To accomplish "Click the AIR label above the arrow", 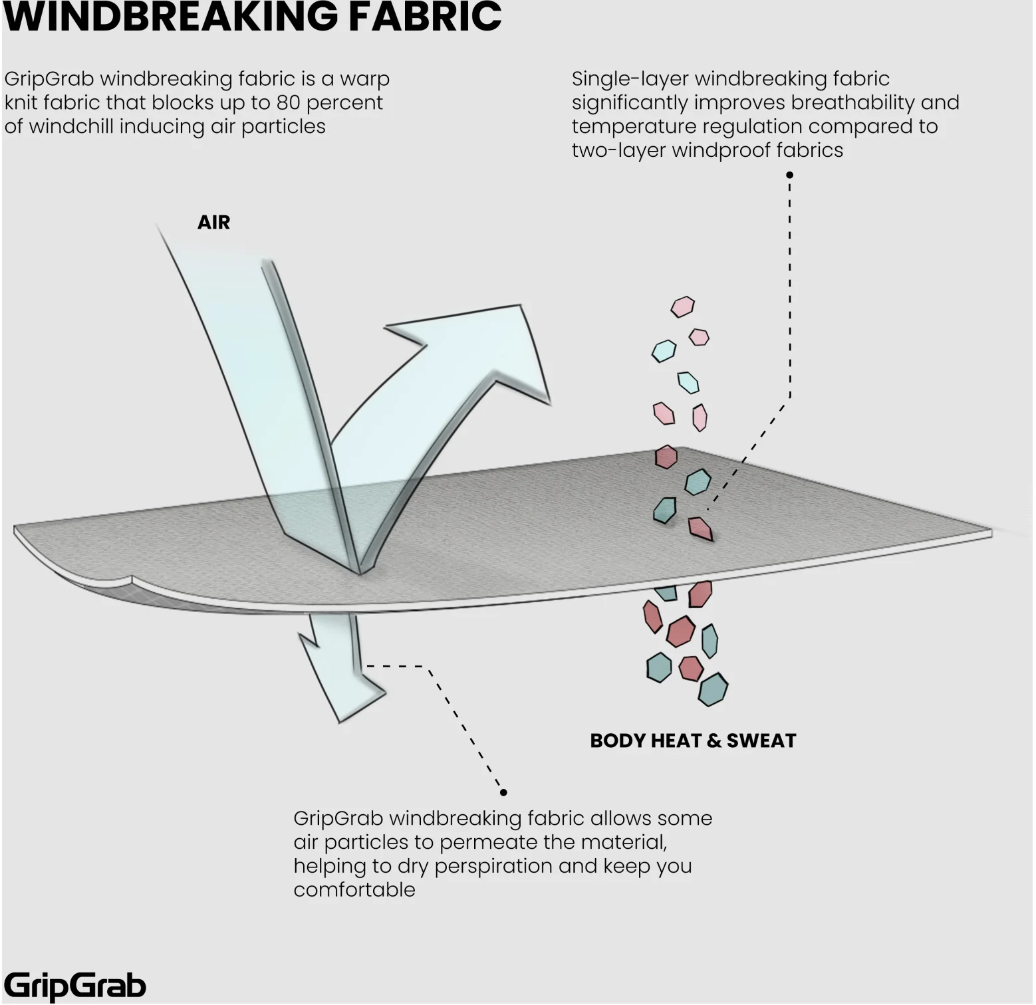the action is [x=213, y=222].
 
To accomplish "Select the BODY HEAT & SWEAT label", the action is [x=693, y=740].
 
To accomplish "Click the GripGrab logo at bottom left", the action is [x=74, y=986].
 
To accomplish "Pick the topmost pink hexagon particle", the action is [x=682, y=306].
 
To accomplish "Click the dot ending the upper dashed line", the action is [x=790, y=175].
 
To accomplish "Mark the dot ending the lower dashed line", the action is [x=503, y=792].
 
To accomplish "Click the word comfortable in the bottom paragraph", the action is [x=354, y=890].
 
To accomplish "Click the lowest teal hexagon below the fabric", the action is [x=713, y=690].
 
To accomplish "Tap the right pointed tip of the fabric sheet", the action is [x=991, y=533].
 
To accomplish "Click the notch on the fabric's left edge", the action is [x=130, y=578].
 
